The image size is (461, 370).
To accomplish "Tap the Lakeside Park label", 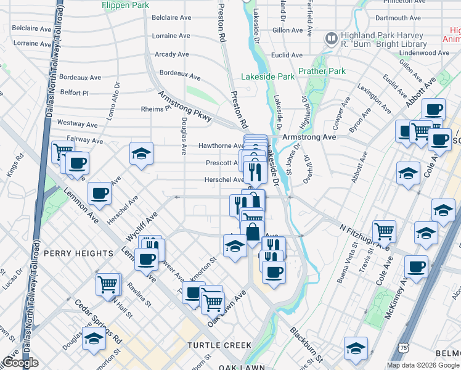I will click(x=268, y=77).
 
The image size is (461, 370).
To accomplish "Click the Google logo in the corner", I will click(x=20, y=363).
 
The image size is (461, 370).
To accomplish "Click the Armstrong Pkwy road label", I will click(x=185, y=106).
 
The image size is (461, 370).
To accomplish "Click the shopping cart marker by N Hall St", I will click(x=107, y=284).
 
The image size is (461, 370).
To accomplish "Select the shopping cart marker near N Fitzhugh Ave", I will click(x=384, y=231).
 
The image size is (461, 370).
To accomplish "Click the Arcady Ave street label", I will click(x=175, y=54).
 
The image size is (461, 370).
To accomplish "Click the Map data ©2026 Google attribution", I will click(x=423, y=364).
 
